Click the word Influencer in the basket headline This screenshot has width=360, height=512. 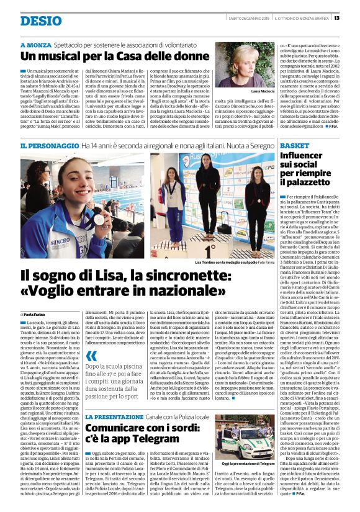(309, 155)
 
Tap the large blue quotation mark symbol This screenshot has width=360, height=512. (92, 356)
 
